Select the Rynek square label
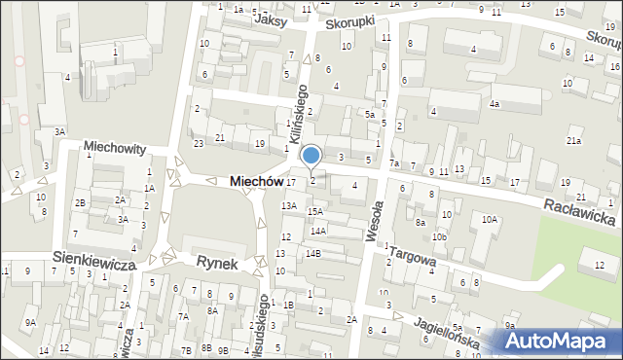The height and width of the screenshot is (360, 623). [x=217, y=262]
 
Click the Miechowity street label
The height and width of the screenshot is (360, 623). [x=114, y=149]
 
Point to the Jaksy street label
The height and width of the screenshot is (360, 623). [x=272, y=18]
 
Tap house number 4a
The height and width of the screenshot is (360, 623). [x=495, y=103]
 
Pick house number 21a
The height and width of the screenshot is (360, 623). [x=574, y=141]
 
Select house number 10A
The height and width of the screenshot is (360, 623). [x=490, y=219]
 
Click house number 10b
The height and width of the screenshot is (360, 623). [x=440, y=236]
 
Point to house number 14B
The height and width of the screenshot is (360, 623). [x=312, y=253]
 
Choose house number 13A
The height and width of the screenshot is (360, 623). [x=289, y=205]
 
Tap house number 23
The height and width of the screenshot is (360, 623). [x=198, y=143]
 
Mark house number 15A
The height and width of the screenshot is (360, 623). [x=314, y=211]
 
